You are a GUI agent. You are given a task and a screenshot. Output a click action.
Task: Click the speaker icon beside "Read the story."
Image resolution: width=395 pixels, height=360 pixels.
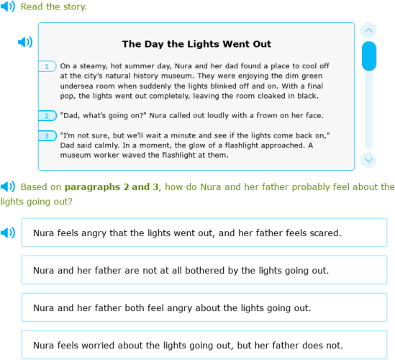7,6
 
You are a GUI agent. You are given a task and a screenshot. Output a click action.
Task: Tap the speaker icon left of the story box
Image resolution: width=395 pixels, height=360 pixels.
25,42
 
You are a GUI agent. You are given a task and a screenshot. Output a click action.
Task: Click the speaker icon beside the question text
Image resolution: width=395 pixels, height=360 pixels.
7,186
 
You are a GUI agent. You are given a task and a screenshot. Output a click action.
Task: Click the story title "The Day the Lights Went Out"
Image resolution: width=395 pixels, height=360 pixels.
196,44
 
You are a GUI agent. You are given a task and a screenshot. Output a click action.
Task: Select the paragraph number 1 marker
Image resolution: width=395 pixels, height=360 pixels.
47,66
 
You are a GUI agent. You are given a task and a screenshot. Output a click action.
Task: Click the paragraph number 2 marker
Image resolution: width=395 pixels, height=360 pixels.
47,115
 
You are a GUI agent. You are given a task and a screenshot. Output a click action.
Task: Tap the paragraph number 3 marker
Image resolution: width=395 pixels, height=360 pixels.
47,135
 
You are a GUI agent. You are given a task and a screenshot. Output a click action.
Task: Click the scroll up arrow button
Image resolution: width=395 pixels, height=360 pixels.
368,30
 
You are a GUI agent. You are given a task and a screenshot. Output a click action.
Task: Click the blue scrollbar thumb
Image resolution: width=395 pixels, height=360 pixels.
368,56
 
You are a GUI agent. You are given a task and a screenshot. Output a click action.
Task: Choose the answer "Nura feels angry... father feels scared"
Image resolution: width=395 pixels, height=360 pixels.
204,233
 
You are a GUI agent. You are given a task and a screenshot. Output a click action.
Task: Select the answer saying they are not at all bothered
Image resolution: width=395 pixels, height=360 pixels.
204,270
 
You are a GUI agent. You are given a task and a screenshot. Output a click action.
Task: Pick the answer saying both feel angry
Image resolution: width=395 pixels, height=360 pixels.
204,307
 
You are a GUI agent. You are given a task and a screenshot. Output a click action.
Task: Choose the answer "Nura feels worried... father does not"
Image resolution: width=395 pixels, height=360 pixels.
204,345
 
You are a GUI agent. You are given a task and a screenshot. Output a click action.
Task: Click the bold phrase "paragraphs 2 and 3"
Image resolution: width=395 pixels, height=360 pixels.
112,187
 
